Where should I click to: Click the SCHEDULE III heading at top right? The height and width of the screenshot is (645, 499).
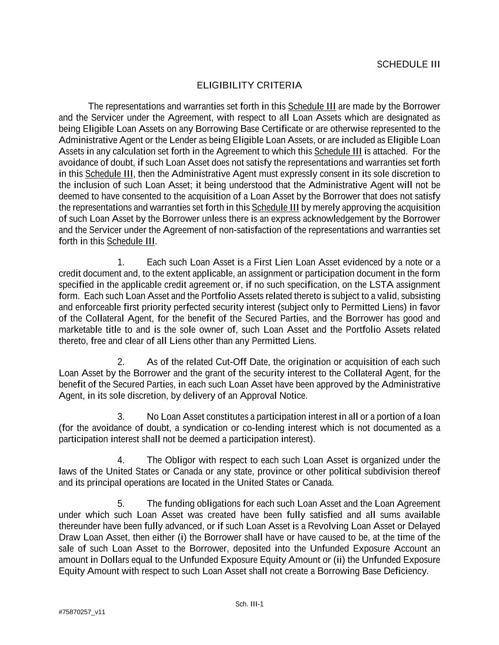[408, 64]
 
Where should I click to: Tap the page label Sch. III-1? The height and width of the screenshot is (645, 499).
[249, 604]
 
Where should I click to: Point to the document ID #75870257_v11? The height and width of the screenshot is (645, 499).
[82, 612]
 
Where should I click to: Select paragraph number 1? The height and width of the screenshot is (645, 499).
[121, 262]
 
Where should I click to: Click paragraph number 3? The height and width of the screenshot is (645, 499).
[121, 417]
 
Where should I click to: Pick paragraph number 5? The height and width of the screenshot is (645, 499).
[121, 504]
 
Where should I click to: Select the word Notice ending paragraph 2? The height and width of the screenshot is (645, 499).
[293, 396]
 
